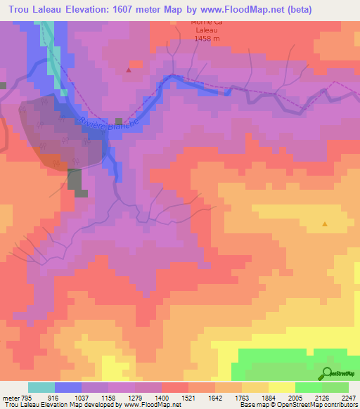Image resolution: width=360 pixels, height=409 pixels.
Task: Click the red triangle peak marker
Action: [x=129, y=70]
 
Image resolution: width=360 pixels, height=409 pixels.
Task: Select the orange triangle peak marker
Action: [x=325, y=224]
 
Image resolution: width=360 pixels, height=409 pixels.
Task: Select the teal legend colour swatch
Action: [x=41, y=387]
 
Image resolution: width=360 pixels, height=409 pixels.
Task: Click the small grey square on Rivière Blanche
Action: [x=119, y=122]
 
